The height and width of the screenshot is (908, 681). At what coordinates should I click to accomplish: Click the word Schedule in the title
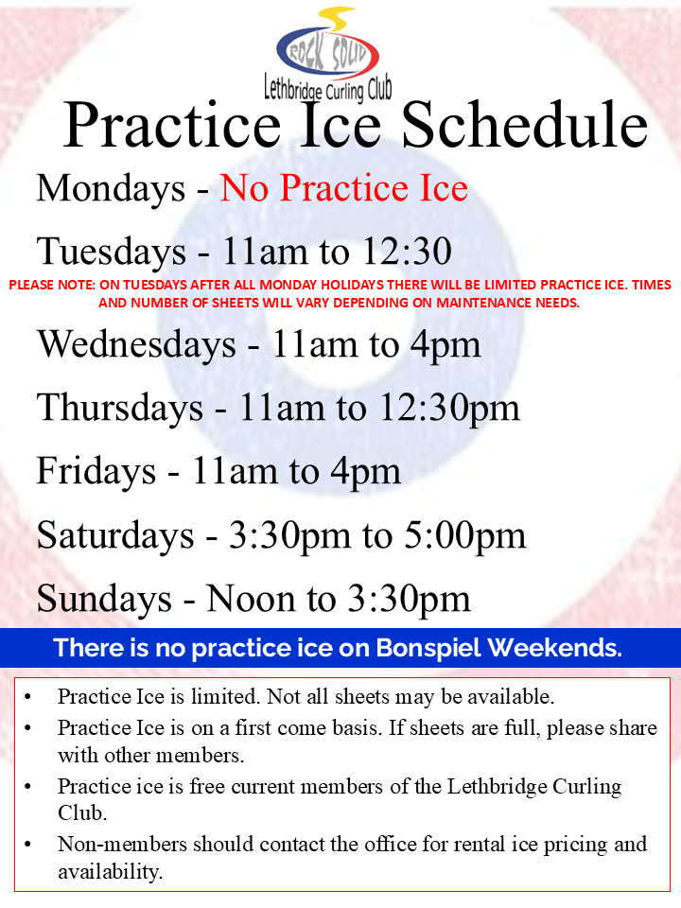pyautogui.click(x=525, y=125)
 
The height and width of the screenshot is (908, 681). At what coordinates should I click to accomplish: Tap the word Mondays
pyautogui.click(x=111, y=189)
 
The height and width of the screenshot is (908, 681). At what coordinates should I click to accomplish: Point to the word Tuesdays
pyautogui.click(x=112, y=253)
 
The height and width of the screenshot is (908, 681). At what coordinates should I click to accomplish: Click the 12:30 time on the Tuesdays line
pyautogui.click(x=407, y=252)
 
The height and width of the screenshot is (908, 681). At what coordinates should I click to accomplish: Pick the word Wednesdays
pyautogui.click(x=136, y=344)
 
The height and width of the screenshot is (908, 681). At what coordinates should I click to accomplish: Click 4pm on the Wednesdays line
pyautogui.click(x=445, y=346)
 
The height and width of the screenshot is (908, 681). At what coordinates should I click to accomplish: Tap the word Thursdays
pyautogui.click(x=120, y=409)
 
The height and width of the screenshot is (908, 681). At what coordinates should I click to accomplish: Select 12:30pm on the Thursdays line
pyautogui.click(x=449, y=410)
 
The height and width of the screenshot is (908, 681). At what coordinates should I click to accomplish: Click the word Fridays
pyautogui.click(x=96, y=472)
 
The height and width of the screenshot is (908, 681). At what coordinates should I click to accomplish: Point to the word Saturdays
pyautogui.click(x=115, y=535)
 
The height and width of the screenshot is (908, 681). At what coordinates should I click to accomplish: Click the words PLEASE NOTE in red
pyautogui.click(x=51, y=285)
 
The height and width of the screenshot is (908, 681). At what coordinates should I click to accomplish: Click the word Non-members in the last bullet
pyautogui.click(x=122, y=845)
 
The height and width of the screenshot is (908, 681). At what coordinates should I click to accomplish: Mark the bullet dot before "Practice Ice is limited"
pyautogui.click(x=27, y=697)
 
